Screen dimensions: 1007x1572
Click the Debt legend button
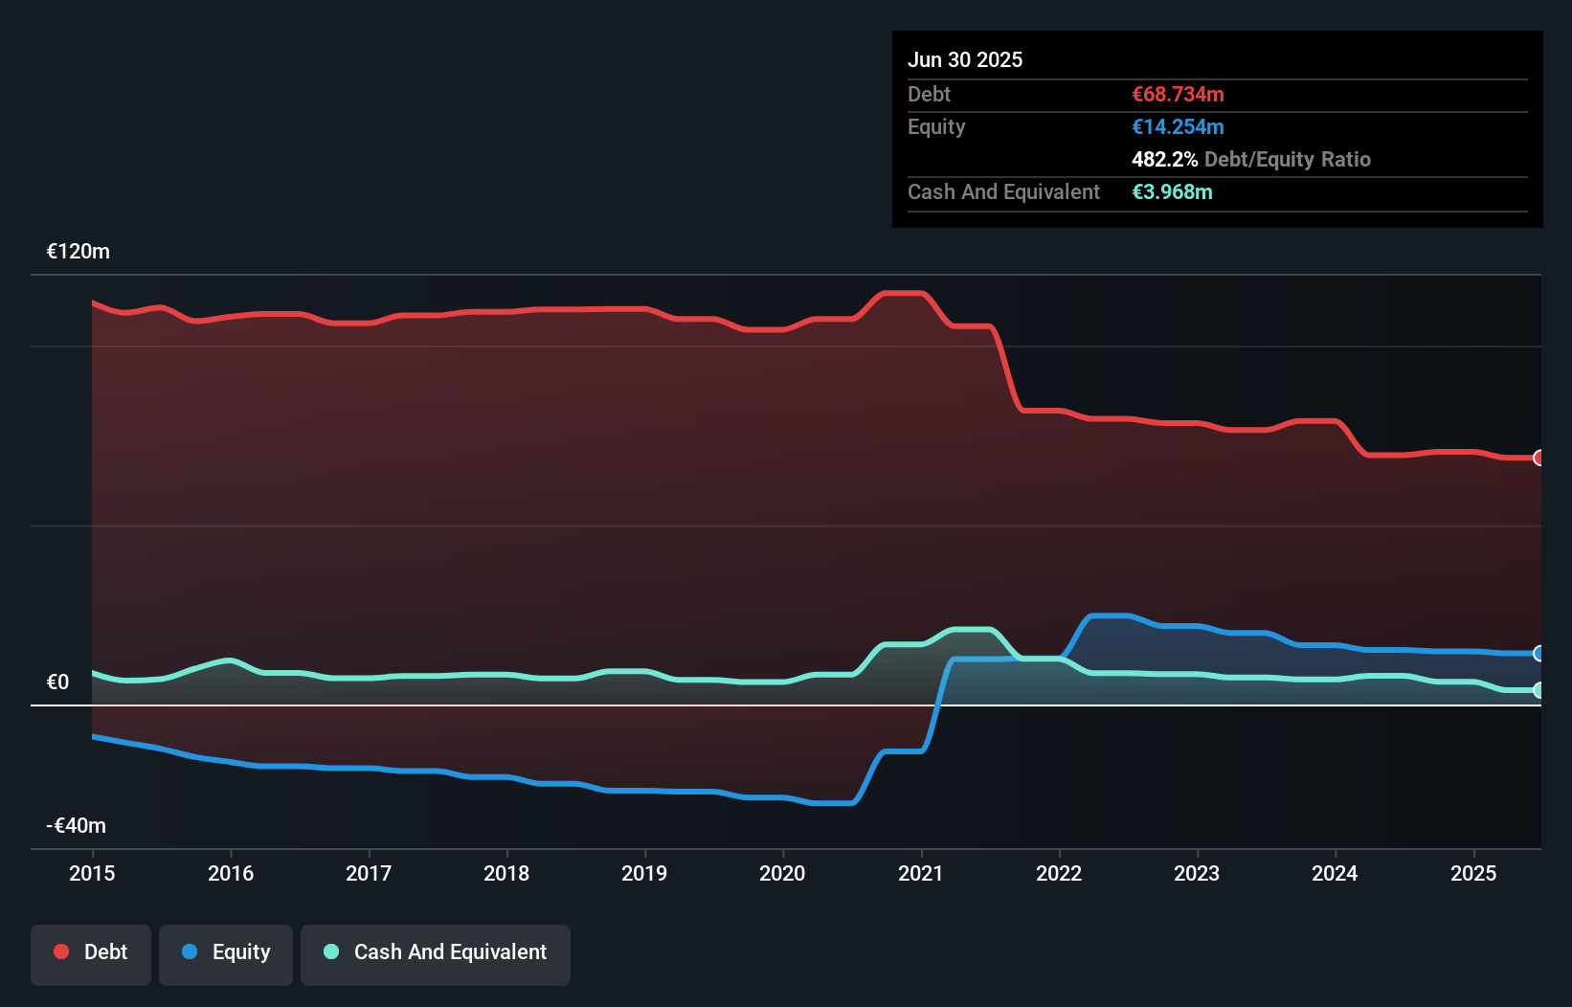[91, 952]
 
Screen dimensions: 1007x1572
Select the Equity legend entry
[226, 952]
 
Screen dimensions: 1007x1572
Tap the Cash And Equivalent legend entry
[436, 952]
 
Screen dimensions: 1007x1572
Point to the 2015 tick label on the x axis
[92, 873]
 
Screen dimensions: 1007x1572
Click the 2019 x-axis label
[644, 873]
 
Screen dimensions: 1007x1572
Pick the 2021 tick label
[920, 873]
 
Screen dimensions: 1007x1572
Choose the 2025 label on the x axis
[1473, 873]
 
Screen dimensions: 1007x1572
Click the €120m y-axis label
[79, 252]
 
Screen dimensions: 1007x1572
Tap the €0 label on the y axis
[58, 683]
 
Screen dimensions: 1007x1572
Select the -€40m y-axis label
[77, 826]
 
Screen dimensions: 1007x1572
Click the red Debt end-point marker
[1538, 458]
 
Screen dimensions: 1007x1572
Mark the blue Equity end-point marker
[1538, 654]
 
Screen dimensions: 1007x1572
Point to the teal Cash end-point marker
[1538, 690]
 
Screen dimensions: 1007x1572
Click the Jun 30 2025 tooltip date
[965, 60]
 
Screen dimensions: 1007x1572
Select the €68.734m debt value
[1178, 95]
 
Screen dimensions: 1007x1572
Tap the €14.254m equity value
[1178, 127]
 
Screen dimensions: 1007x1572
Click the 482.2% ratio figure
[1164, 160]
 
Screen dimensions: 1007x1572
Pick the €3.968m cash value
[1172, 192]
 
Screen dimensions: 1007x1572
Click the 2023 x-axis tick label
[1197, 873]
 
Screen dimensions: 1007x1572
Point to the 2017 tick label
[369, 873]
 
